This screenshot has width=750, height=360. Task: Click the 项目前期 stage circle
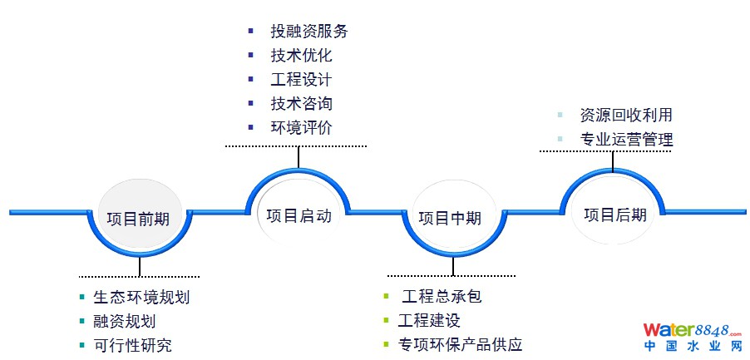tap(139, 219)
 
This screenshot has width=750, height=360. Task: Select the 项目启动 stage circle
tap(299, 215)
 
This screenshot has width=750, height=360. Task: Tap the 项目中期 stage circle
tap(450, 218)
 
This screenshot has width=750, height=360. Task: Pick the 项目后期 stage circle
tap(614, 215)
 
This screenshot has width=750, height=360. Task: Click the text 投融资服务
tap(308, 32)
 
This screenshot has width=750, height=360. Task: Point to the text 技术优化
tap(301, 56)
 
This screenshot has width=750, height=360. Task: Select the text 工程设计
tap(301, 80)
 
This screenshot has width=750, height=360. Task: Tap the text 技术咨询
tap(301, 104)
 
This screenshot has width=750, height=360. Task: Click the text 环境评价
tap(301, 128)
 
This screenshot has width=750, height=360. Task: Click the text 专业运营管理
tap(626, 139)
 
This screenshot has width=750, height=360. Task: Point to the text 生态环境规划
tap(135, 297)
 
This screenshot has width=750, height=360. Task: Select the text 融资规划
tap(124, 321)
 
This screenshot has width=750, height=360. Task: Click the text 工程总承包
tap(442, 296)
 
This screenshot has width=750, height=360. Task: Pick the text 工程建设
tap(429, 320)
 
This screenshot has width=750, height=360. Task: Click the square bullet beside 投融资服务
tap(251, 32)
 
